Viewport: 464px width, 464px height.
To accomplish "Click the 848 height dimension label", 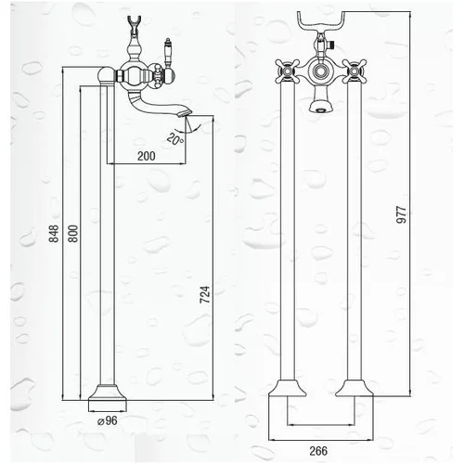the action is tap(54, 234).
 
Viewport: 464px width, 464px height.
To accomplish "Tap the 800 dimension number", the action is tap(73, 234).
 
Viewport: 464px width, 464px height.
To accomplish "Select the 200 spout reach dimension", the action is tap(147, 156).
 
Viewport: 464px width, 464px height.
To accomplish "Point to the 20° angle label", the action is tap(175, 139).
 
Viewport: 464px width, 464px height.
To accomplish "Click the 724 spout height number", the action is tap(205, 294).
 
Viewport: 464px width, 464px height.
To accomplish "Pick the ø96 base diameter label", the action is tap(108, 420).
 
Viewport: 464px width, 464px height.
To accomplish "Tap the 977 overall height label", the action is tap(401, 214).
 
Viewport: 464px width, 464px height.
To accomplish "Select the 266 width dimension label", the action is tap(318, 451).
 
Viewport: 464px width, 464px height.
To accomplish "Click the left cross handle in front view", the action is tap(288, 71).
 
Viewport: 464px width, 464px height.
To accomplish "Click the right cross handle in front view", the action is tap(354, 71).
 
